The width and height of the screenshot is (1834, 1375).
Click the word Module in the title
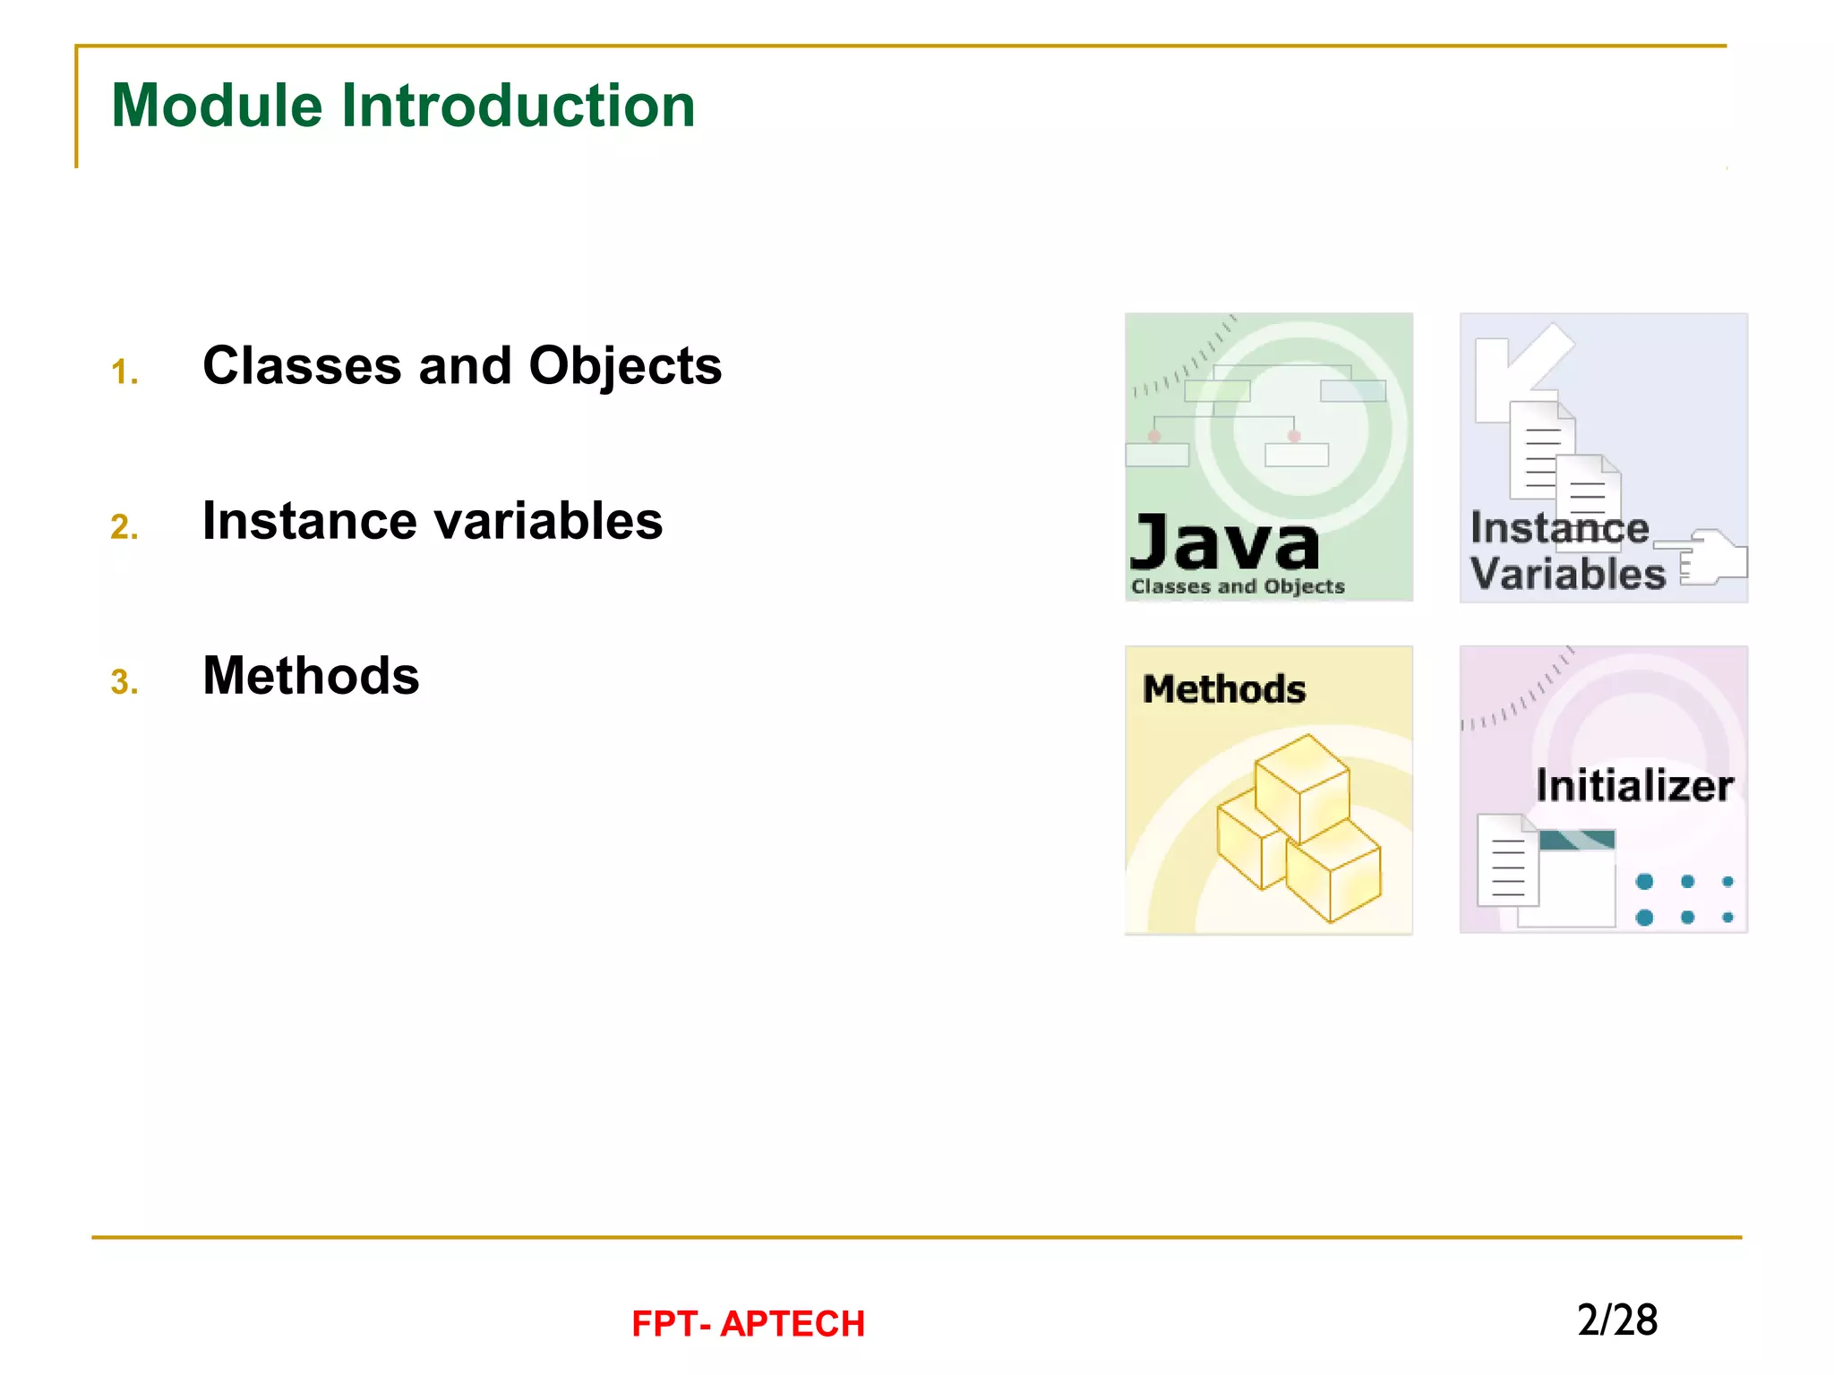coord(216,106)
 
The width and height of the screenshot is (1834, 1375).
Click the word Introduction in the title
coord(518,106)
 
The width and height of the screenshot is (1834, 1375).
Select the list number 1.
coord(124,372)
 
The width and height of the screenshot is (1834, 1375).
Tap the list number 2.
coord(124,526)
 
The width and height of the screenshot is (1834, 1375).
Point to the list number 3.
coord(124,682)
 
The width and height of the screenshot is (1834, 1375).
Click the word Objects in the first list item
coord(625,366)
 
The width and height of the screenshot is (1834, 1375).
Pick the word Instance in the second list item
coord(309,521)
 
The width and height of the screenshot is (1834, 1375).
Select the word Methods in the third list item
coord(311,676)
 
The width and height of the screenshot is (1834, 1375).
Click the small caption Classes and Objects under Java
coord(1238,586)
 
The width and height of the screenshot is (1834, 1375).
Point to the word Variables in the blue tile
coord(1567,574)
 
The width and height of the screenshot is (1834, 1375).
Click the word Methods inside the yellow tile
coord(1224,689)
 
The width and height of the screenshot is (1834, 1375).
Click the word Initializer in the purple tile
coord(1634,786)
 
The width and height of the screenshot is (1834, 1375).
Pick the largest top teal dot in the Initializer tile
coord(1644,882)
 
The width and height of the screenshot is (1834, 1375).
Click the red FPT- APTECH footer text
coord(748,1324)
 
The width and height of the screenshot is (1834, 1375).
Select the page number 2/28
coord(1617,1320)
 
